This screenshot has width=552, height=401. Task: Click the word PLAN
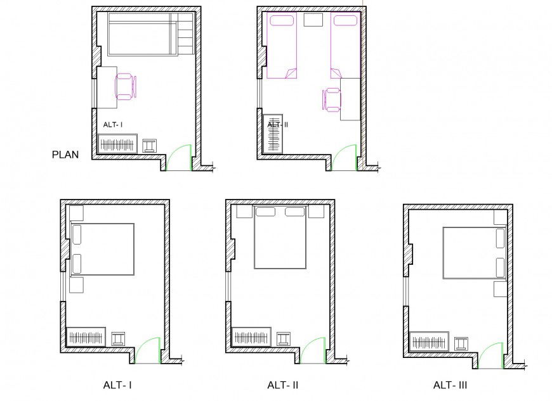(65, 153)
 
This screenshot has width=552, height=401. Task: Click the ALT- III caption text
(451, 385)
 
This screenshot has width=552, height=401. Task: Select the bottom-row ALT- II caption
(283, 385)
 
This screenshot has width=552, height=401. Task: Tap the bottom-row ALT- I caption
(117, 385)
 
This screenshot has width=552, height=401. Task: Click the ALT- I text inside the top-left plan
(112, 125)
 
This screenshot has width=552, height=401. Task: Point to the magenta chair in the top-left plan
(124, 86)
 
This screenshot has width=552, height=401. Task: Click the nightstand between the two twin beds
(313, 20)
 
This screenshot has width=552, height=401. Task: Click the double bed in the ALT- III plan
(471, 253)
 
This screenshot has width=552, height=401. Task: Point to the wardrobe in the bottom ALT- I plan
(85, 336)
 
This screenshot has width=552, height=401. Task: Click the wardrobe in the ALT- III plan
(430, 342)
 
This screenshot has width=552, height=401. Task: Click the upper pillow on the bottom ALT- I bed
(77, 234)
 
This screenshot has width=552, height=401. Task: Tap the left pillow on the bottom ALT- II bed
(265, 212)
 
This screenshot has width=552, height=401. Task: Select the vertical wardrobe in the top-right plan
(273, 132)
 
